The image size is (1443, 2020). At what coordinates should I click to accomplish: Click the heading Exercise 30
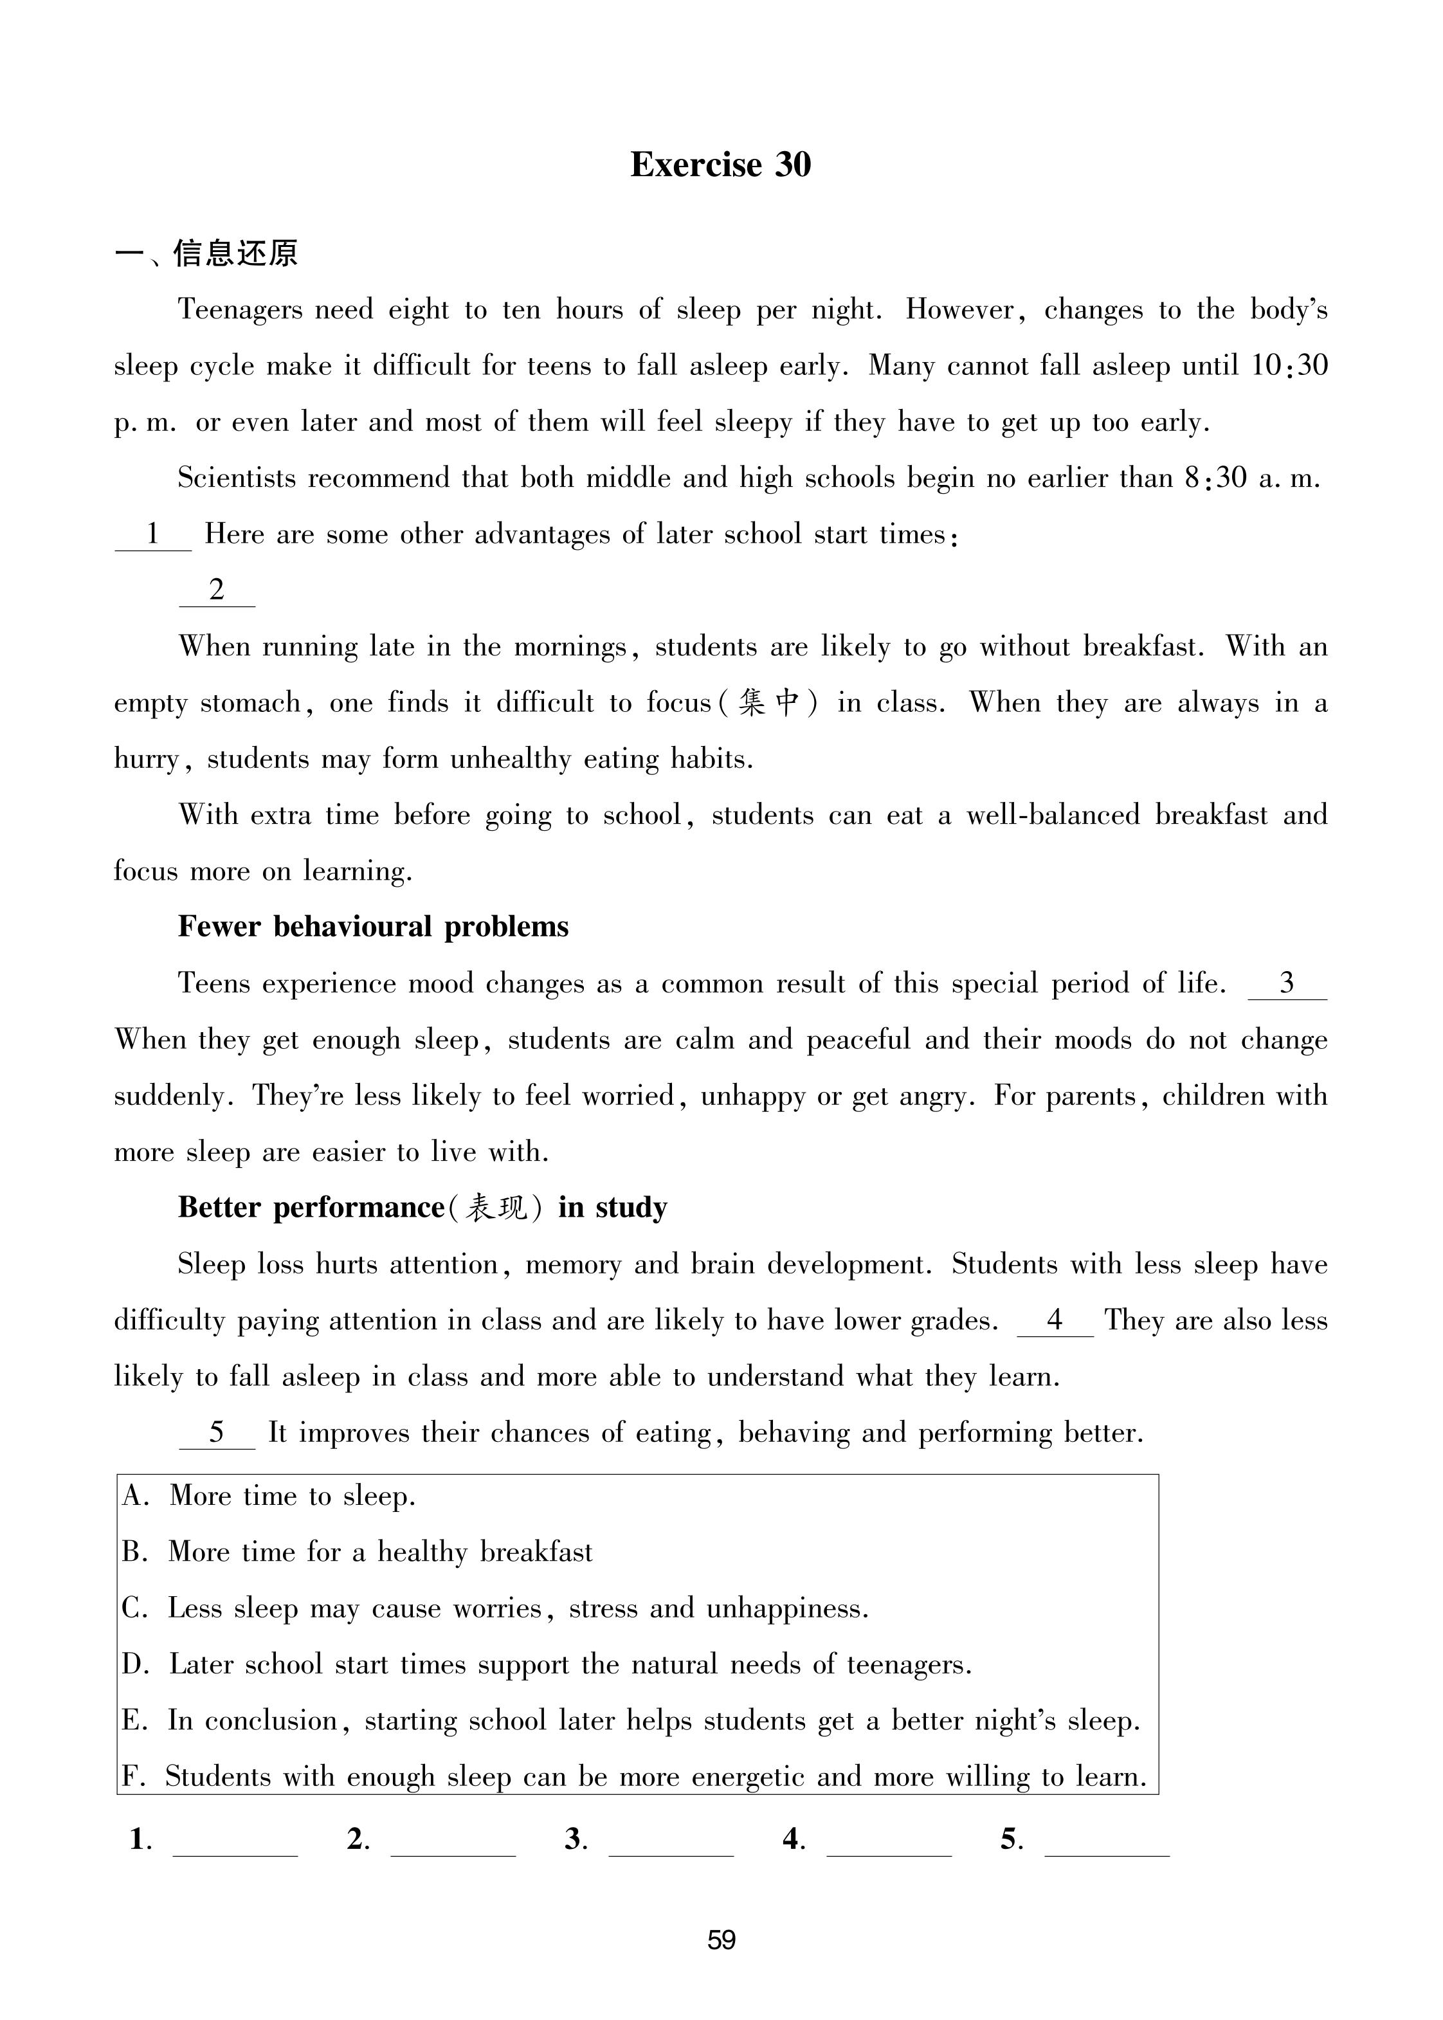(x=721, y=165)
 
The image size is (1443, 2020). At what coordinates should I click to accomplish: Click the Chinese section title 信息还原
(x=235, y=253)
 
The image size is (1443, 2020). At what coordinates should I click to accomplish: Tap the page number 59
(x=721, y=1939)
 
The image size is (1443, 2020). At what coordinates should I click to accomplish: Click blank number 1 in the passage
(x=153, y=534)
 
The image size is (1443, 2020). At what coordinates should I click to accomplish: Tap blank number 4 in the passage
(x=1055, y=1320)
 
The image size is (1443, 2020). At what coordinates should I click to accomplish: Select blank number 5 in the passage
(x=217, y=1433)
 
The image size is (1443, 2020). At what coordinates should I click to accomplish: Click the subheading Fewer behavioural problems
(x=373, y=927)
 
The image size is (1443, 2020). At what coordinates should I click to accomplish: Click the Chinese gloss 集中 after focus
(x=770, y=703)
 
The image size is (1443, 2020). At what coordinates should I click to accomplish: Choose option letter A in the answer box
(x=135, y=1497)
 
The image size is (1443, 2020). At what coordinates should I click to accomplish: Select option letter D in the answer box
(x=135, y=1664)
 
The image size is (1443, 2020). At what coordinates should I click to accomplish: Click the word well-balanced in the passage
(x=1054, y=815)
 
